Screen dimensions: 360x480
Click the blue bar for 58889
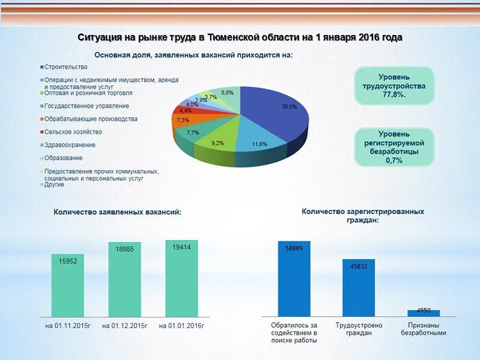coord(294,278)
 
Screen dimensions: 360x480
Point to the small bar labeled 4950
coord(423,313)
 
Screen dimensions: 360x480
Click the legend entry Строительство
coord(65,67)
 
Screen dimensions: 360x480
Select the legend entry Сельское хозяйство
coord(73,132)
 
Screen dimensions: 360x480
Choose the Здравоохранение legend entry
coord(69,145)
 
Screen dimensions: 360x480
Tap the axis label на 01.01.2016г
coord(182,324)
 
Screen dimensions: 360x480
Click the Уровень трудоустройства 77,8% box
coord(394,86)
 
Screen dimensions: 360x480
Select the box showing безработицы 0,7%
coord(394,147)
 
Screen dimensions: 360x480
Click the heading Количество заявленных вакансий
coord(117,212)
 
